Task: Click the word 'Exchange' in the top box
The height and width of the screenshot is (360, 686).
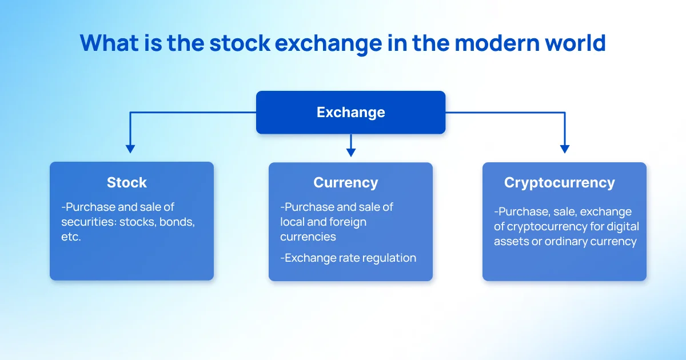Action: coord(350,113)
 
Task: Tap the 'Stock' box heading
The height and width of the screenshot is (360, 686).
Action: coord(127,182)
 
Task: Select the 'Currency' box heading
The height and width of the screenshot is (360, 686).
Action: coord(346,183)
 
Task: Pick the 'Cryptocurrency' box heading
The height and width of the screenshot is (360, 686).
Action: coord(560,183)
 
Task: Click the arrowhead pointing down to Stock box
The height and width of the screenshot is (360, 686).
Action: coord(130,149)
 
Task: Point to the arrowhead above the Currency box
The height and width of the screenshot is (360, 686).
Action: coord(351,153)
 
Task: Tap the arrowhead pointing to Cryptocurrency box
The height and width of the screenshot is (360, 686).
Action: coord(565,149)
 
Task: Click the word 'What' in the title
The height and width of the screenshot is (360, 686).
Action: coord(109,43)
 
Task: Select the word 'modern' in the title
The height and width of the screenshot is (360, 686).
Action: coord(497,43)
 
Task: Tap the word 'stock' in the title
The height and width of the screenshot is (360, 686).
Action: coord(240,43)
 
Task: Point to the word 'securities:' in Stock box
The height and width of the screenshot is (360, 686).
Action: coord(89,222)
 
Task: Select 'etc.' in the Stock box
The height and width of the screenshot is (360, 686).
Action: coord(71,237)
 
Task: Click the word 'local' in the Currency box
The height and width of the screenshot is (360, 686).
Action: coord(292,222)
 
